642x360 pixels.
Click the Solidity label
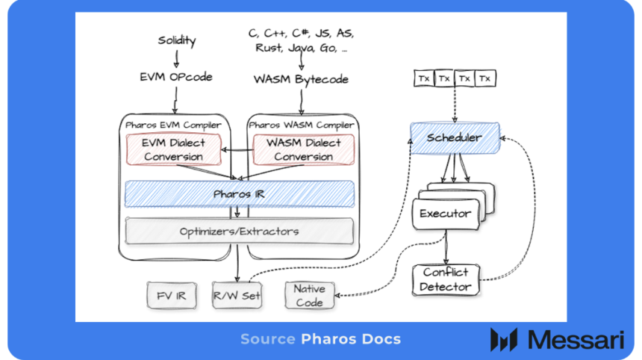(176, 40)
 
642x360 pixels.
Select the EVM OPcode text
(176, 77)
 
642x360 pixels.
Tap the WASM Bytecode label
(301, 78)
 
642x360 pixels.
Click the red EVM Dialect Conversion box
(174, 149)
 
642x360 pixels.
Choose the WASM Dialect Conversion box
(302, 149)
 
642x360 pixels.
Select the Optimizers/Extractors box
(239, 231)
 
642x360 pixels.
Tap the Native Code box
(309, 295)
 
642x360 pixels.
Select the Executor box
(445, 214)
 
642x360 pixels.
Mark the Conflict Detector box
(446, 279)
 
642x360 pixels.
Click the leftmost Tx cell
(423, 78)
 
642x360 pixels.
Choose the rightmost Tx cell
(485, 78)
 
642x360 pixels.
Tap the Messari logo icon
(503, 339)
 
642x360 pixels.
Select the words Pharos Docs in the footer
(351, 339)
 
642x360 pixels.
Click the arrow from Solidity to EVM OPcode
(176, 58)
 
